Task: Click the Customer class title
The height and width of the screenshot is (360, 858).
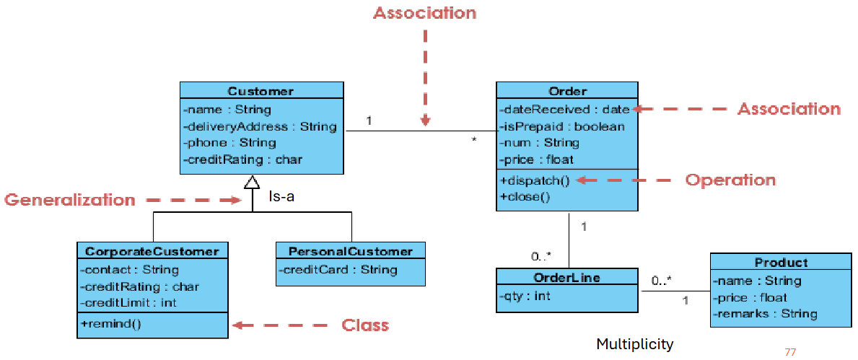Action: pos(261,91)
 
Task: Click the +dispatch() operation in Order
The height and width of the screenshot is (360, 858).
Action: pos(534,180)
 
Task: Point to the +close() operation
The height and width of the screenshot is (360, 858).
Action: pos(525,196)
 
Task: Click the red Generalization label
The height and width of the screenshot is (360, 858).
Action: pos(70,200)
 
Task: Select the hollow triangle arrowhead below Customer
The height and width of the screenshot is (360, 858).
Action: pos(251,183)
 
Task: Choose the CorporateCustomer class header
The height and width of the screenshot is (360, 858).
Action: pos(152,251)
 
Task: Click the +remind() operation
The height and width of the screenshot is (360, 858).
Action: pos(111,324)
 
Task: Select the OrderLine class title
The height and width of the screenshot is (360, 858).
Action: pos(566,277)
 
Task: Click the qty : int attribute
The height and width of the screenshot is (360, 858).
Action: pos(525,295)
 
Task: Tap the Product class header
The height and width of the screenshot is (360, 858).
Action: pos(781,263)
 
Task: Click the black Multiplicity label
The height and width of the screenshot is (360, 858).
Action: pos(634,344)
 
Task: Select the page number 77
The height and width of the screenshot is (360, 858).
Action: pos(789,352)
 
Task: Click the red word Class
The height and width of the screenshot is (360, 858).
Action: pos(365,325)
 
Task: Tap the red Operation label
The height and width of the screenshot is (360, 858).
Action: pos(730,180)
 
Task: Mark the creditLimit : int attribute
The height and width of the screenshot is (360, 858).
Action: pos(128,303)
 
